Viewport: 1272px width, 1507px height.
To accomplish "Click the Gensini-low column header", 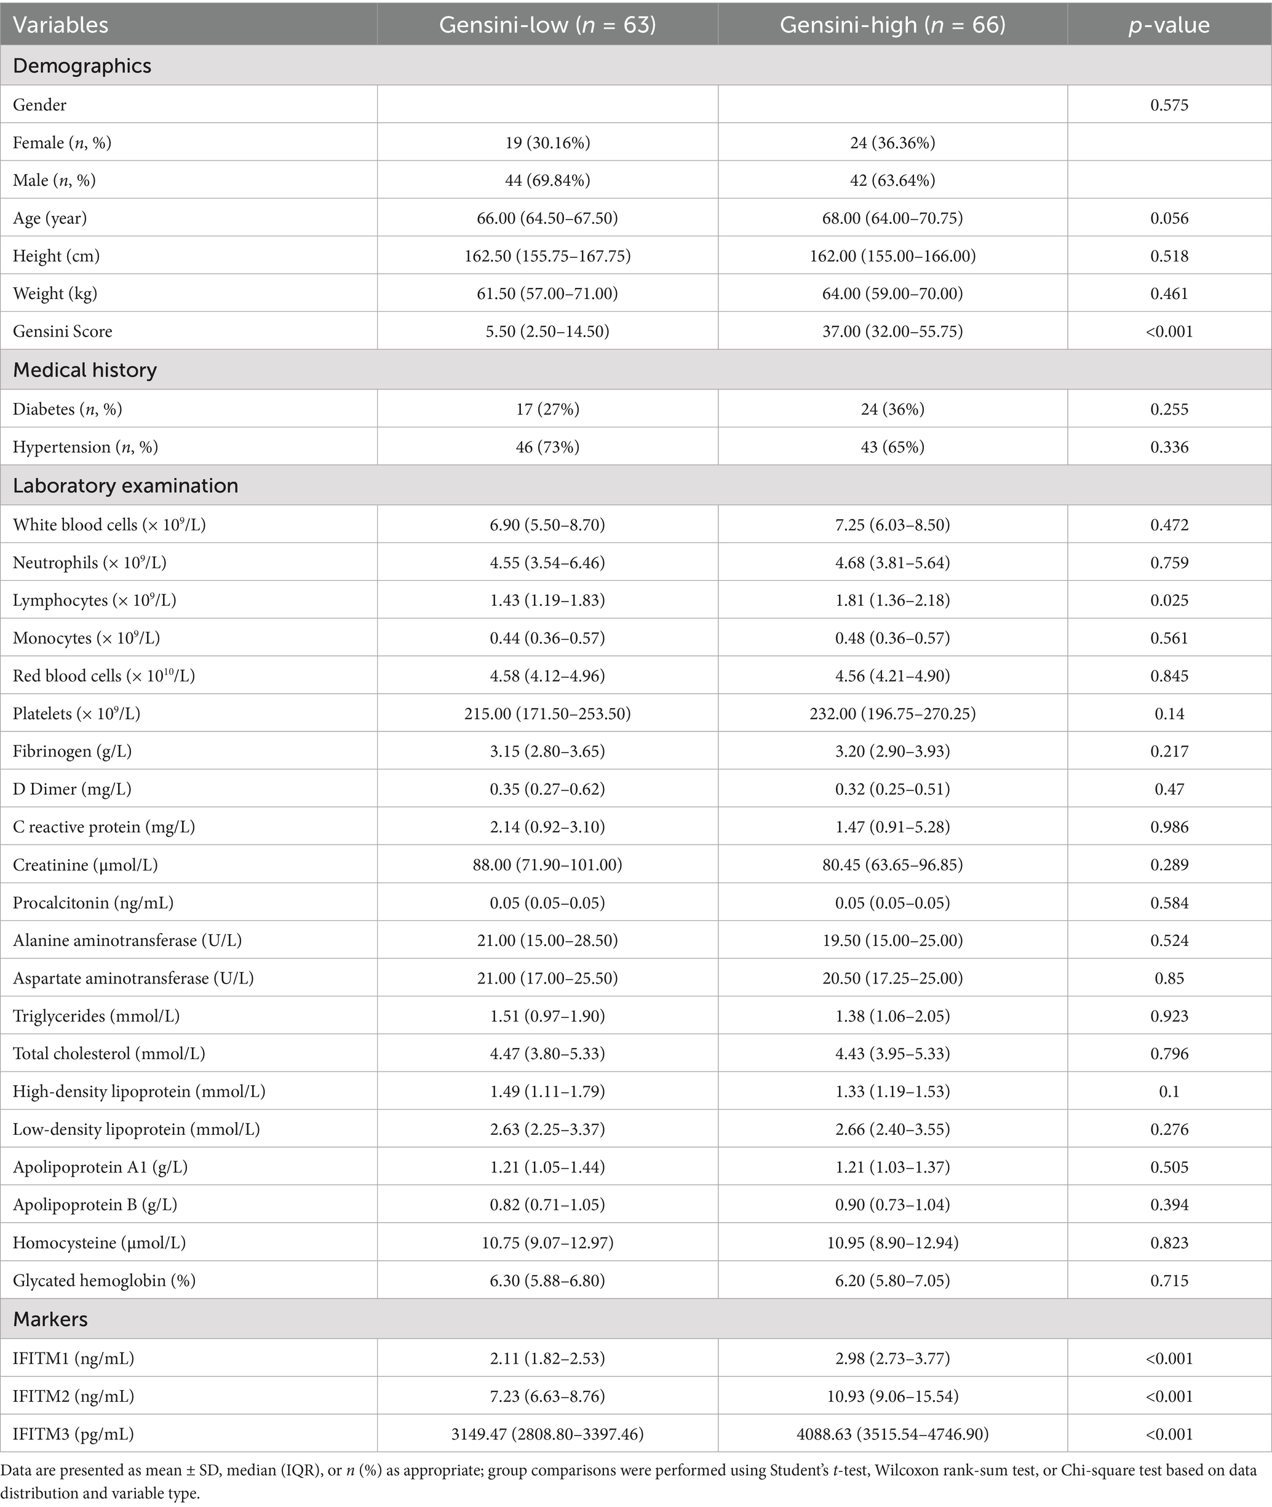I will (547, 25).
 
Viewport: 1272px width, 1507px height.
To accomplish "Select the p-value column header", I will (1169, 25).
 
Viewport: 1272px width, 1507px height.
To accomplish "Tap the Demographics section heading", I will (82, 66).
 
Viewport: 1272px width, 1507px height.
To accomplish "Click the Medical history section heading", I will (85, 370).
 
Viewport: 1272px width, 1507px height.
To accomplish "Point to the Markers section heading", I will (50, 1319).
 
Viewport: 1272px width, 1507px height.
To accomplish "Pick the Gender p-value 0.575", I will (1169, 105).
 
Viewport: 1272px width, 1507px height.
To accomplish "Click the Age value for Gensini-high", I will (892, 218).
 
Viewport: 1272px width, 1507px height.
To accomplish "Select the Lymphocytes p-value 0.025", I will (1169, 600).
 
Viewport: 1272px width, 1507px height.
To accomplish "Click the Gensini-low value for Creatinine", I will (547, 865).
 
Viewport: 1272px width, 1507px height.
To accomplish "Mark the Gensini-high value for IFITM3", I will (892, 1433).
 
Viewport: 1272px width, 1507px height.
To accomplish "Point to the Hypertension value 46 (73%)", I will (547, 447).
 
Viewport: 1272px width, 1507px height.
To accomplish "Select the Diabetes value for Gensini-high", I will (892, 409).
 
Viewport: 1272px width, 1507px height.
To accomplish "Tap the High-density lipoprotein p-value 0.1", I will (1169, 1092).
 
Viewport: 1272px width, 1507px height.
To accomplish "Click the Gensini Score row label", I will (63, 331).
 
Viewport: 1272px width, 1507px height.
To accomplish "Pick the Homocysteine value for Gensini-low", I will (547, 1243).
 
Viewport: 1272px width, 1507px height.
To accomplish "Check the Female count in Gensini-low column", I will (547, 143).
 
